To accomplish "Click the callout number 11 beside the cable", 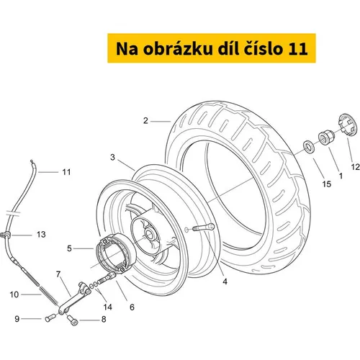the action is coord(66,172).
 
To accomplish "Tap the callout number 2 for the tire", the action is coord(145,121).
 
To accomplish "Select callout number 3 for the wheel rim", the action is coord(112,158).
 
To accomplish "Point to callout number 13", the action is coord(41,234).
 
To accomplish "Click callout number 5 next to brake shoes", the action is coord(69,248).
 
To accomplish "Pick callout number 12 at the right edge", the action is coord(356,167).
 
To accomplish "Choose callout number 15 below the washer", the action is coord(327,184).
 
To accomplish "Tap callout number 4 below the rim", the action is coord(225,282).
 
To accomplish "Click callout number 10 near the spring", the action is coord(14,294).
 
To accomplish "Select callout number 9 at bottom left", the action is coord(17,319).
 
